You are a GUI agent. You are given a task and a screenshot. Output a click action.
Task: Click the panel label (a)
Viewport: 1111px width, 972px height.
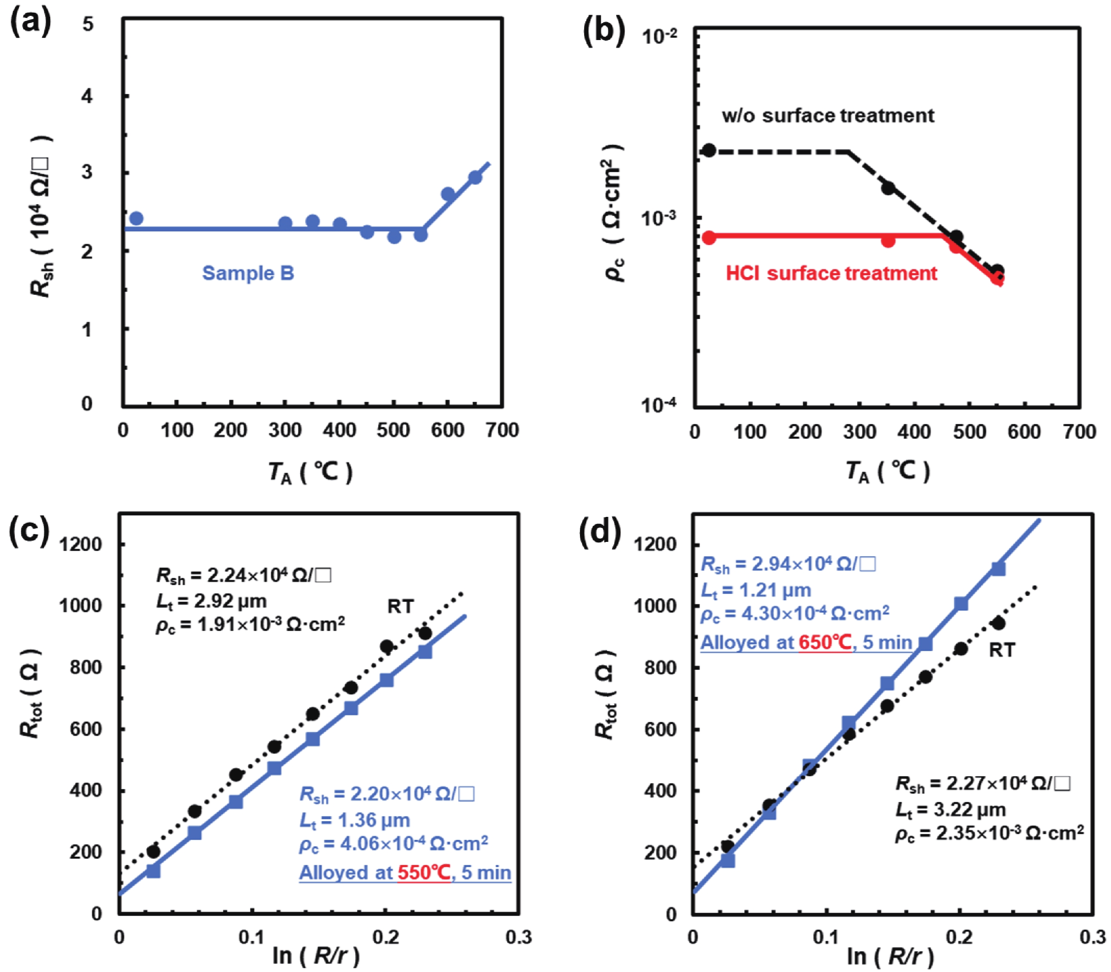pyautogui.click(x=30, y=23)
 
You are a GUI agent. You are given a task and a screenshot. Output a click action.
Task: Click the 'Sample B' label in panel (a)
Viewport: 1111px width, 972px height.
pyautogui.click(x=248, y=273)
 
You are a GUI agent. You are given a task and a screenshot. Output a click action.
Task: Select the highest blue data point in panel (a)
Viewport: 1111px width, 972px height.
pyautogui.click(x=475, y=177)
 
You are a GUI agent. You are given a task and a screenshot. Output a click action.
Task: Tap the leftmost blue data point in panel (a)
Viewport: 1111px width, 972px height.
pyautogui.click(x=137, y=219)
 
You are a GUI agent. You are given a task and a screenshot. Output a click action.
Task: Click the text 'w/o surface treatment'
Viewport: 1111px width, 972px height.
pyautogui.click(x=828, y=116)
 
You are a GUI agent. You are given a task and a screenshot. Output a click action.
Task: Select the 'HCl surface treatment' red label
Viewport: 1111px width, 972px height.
pyautogui.click(x=831, y=273)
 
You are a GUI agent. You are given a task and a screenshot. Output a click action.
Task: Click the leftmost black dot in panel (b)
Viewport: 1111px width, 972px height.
pyautogui.click(x=709, y=151)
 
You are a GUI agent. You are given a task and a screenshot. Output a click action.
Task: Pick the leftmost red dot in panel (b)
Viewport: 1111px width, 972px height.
pyautogui.click(x=709, y=237)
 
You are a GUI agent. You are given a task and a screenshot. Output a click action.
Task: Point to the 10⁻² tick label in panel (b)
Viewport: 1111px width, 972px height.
pyautogui.click(x=659, y=37)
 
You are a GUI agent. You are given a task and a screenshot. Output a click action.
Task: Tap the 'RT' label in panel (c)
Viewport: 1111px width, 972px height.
pyautogui.click(x=401, y=607)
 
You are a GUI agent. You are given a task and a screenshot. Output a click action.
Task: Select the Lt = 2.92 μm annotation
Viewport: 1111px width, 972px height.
pyautogui.click(x=212, y=601)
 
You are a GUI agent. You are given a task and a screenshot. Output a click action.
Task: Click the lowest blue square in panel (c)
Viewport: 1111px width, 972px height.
pyautogui.click(x=154, y=871)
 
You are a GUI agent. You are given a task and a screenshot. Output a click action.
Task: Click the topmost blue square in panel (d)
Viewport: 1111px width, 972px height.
pyautogui.click(x=998, y=569)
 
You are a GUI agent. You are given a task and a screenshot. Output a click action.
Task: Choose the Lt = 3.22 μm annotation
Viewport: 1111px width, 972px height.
pyautogui.click(x=950, y=810)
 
